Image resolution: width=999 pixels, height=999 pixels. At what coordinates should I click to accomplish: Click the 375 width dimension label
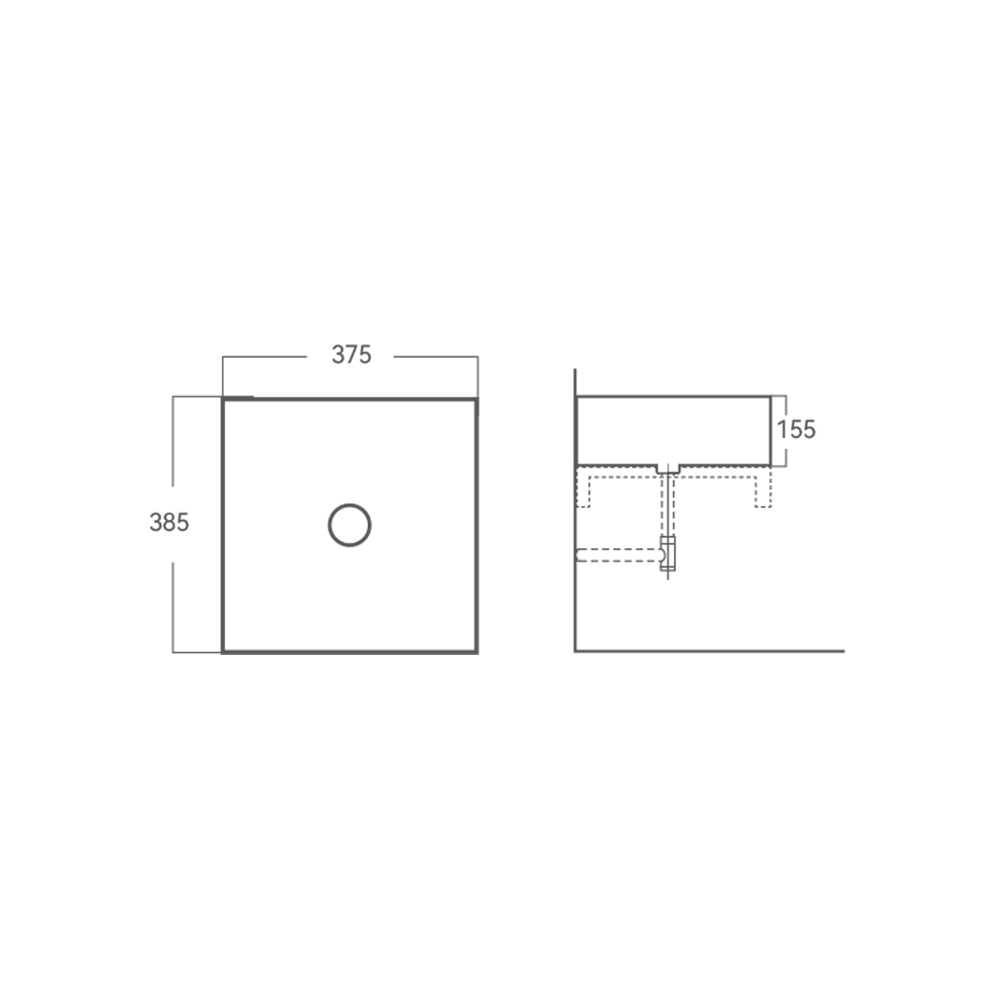[351, 355]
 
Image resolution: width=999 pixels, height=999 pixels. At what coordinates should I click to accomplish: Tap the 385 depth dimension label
[169, 523]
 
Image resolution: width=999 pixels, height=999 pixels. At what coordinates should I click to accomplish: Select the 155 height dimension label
[796, 430]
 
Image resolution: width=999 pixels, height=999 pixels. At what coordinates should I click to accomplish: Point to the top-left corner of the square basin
[223, 399]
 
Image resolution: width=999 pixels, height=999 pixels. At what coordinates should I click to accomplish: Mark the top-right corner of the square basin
[477, 400]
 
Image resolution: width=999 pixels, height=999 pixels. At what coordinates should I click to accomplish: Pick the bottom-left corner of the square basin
[223, 652]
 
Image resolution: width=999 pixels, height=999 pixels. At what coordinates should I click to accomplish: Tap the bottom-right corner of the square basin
[477, 652]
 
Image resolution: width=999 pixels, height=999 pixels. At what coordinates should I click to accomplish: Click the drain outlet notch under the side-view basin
[668, 470]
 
